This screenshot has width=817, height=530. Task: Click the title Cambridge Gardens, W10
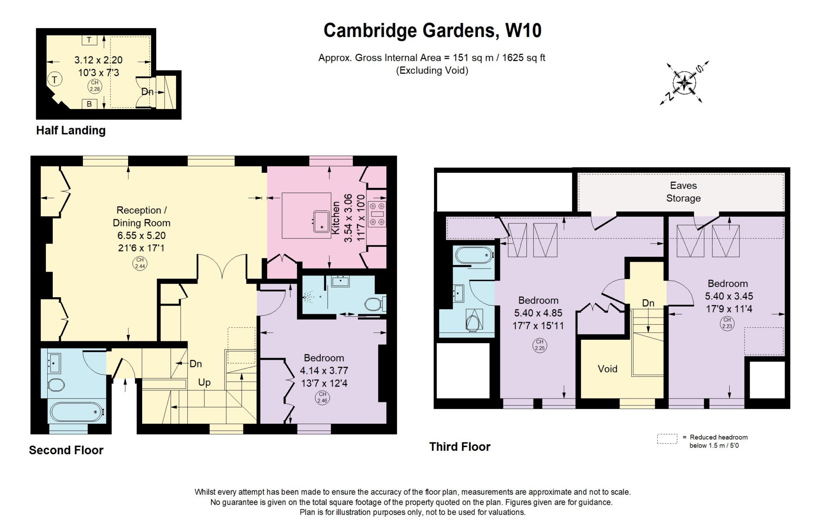[x=432, y=31]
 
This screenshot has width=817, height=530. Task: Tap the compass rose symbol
[x=684, y=83]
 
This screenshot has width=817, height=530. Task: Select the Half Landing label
[x=71, y=130]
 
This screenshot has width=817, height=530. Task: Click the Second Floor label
[x=66, y=450]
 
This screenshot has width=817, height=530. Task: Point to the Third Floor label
[x=460, y=447]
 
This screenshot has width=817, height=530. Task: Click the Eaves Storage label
[x=683, y=192]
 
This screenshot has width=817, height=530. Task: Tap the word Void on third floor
[x=607, y=369]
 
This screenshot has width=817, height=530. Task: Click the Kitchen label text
[x=336, y=218]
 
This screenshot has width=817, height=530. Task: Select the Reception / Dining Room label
[x=141, y=216]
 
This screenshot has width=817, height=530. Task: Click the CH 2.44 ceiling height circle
[x=140, y=263]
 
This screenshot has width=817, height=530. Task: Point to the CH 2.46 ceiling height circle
[x=323, y=397]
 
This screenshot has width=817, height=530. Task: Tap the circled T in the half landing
[x=54, y=79]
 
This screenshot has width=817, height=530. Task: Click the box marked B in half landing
[x=89, y=104]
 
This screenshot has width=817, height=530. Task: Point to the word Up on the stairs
[x=204, y=382]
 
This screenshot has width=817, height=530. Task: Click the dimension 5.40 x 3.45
[x=729, y=296]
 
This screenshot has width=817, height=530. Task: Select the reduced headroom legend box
[x=667, y=439]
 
